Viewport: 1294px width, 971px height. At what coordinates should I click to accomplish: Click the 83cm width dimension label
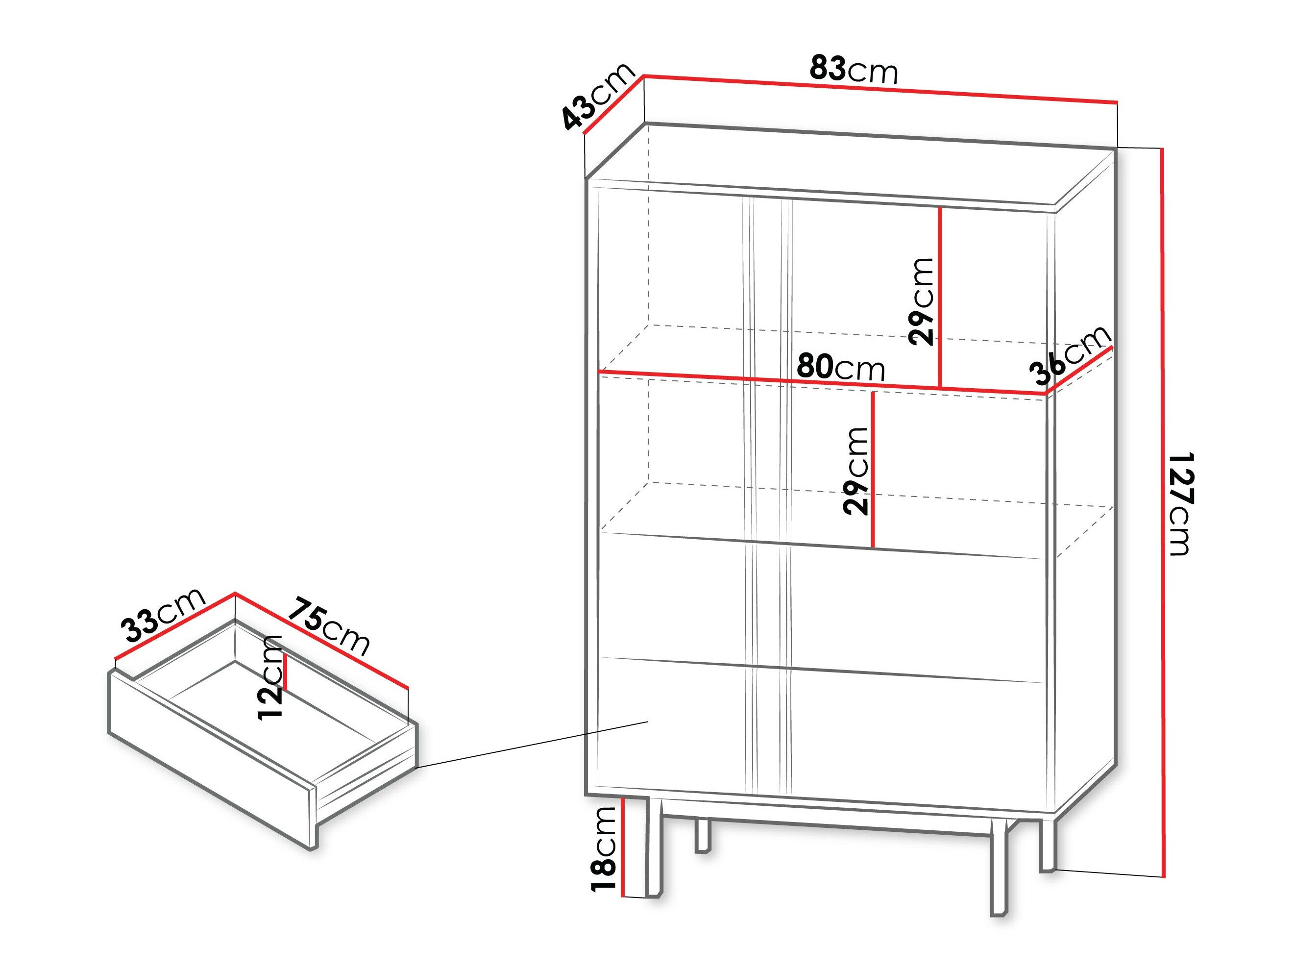(854, 70)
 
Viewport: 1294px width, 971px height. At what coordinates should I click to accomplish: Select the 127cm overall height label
(1180, 503)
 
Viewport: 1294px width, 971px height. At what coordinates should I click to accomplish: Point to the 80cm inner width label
(841, 367)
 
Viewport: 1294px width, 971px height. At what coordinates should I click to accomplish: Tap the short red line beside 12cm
(286, 673)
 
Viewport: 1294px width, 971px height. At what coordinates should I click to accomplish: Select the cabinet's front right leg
(998, 872)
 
